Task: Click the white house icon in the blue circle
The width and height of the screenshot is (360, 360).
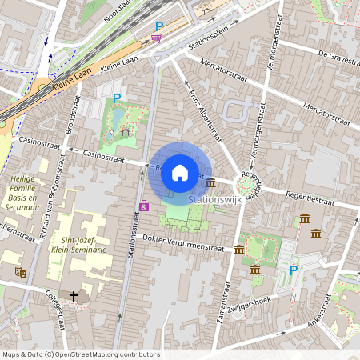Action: pyautogui.click(x=180, y=172)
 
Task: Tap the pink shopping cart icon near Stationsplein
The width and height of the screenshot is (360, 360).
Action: pyautogui.click(x=156, y=38)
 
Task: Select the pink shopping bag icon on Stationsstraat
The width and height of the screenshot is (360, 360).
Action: pyautogui.click(x=144, y=206)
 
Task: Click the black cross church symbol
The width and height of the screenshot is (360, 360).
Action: pyautogui.click(x=74, y=296)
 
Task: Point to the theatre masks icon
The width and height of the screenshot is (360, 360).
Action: pyautogui.click(x=22, y=273)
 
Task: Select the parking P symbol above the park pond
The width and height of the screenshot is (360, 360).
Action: pyautogui.click(x=117, y=98)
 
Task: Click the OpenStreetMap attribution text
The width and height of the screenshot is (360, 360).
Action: pyautogui.click(x=80, y=354)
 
